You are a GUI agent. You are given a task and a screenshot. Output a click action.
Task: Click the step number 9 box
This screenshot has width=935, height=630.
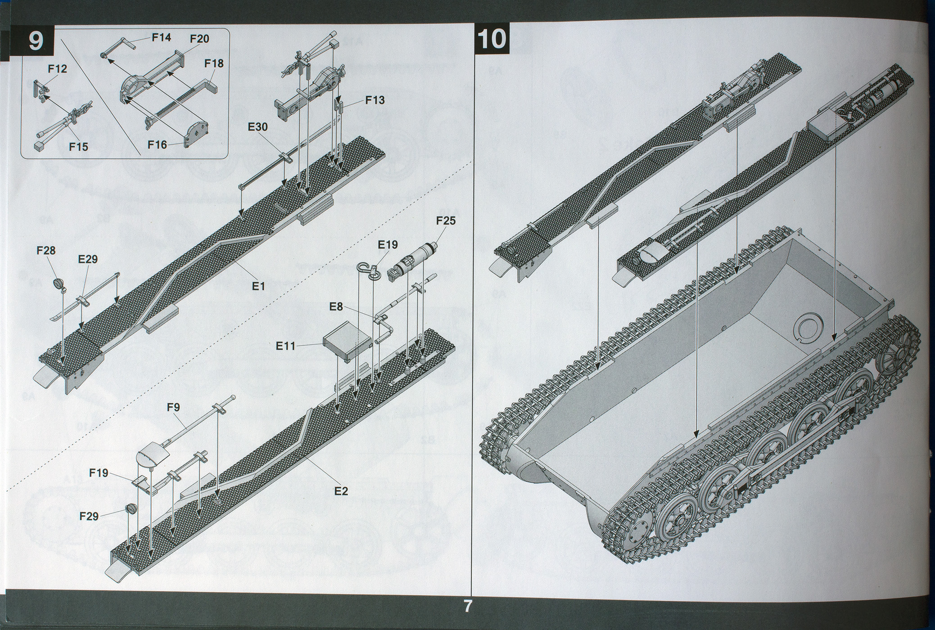pyautogui.click(x=35, y=41)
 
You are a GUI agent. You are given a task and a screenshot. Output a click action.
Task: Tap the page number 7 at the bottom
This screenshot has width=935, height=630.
pyautogui.click(x=468, y=607)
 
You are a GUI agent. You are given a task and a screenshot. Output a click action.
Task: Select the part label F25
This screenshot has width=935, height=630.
pyautogui.click(x=445, y=221)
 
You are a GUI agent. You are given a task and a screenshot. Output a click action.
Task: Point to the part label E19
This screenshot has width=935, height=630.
pyautogui.click(x=388, y=245)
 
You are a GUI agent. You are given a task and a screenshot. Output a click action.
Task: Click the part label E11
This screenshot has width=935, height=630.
pyautogui.click(x=285, y=346)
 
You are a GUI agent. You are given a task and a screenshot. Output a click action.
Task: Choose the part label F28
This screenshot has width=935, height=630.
pyautogui.click(x=46, y=250)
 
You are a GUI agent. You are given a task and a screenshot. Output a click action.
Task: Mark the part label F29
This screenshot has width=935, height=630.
pyautogui.click(x=89, y=516)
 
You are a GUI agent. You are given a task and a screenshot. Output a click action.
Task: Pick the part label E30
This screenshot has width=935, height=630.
pyautogui.click(x=257, y=127)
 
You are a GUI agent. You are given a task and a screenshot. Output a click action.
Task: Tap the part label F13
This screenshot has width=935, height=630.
pyautogui.click(x=375, y=100)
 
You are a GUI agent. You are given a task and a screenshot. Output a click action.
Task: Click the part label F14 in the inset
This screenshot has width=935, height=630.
pyautogui.click(x=161, y=37)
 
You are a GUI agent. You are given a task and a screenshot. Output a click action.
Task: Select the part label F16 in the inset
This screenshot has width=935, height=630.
pyautogui.click(x=157, y=145)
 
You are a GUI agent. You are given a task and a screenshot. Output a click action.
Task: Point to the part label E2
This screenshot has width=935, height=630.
pyautogui.click(x=341, y=491)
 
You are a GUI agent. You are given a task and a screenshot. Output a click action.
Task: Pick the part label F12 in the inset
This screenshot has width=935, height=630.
pyautogui.click(x=57, y=69)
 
